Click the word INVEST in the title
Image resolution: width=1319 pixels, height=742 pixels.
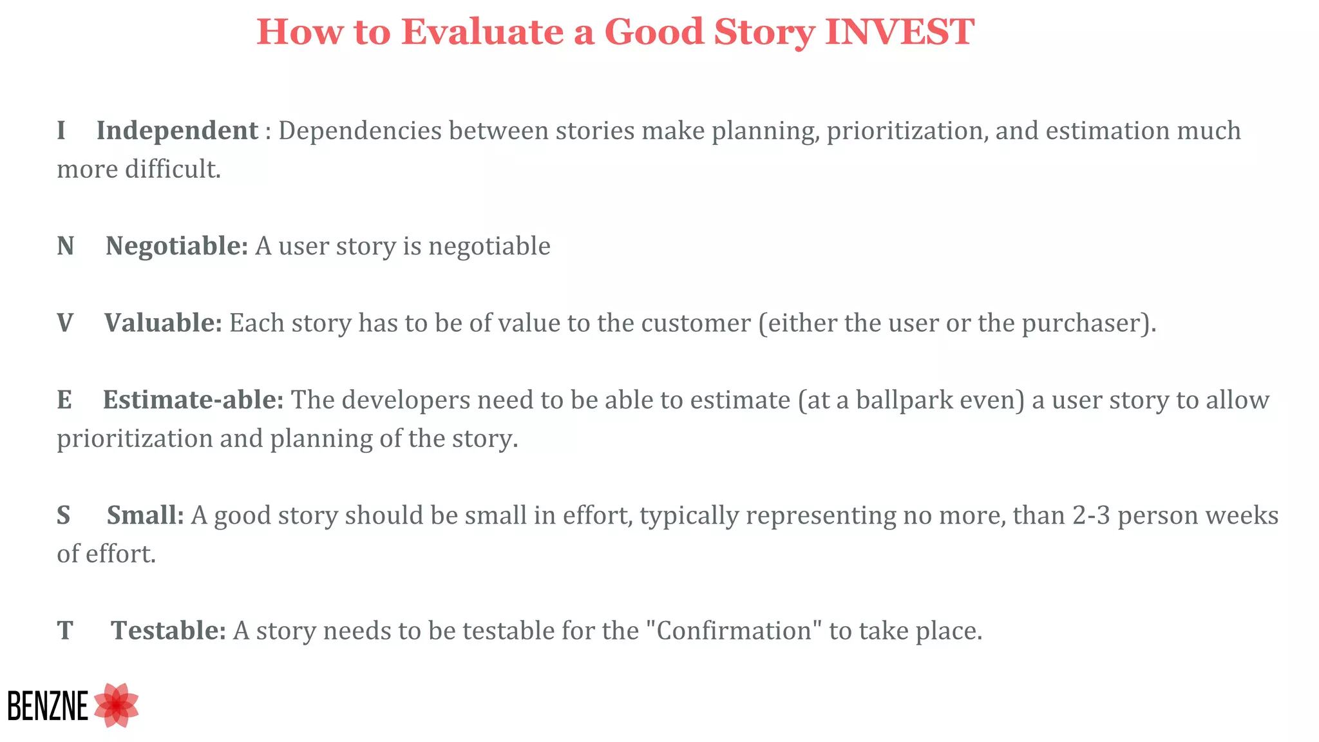coord(900,32)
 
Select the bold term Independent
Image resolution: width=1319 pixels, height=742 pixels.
coord(177,131)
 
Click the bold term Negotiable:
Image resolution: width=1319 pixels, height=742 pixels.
coord(176,246)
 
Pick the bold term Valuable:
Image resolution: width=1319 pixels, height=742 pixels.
coord(163,323)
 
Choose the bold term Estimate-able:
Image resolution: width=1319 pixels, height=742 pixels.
coord(193,400)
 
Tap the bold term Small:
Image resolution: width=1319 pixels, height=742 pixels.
coord(146,515)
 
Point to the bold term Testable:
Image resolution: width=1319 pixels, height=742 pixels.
coord(168,631)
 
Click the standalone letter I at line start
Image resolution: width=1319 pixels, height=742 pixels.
coord(61,131)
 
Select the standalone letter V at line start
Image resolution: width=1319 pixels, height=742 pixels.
coord(65,323)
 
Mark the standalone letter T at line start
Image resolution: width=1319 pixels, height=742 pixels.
coord(65,631)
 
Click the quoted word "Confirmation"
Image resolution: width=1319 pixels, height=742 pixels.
coord(734,631)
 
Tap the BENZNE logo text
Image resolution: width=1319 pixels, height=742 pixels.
coord(48,706)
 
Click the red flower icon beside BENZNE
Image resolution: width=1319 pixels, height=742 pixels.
coord(117,705)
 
